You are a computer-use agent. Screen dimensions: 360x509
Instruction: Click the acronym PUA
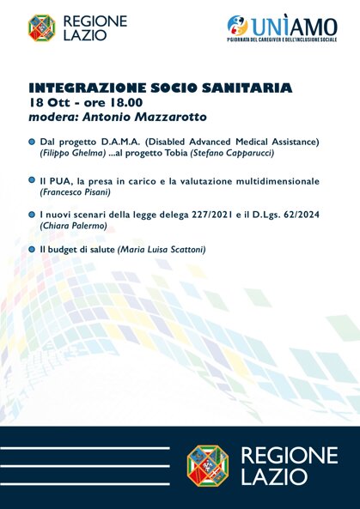60,181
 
